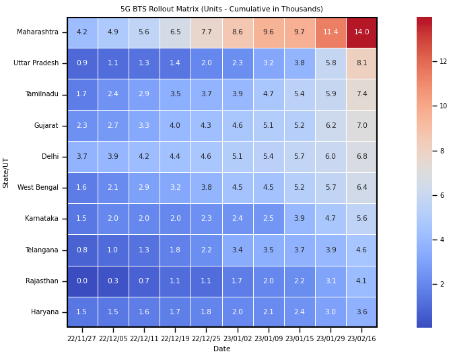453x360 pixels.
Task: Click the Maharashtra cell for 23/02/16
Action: click(361, 32)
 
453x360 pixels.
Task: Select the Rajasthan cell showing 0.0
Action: click(82, 281)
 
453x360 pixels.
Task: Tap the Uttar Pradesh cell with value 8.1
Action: click(361, 63)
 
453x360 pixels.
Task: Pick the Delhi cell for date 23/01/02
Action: click(238, 157)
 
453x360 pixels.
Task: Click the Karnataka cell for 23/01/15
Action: click(300, 219)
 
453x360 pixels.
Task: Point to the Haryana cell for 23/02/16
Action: click(361, 312)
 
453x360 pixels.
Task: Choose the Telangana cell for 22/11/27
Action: click(82, 250)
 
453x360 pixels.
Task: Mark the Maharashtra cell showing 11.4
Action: click(330, 32)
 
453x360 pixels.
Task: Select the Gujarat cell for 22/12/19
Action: click(175, 126)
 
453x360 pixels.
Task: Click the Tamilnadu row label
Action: click(41, 94)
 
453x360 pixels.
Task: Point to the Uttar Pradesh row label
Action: click(36, 63)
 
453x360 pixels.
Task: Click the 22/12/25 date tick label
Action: click(206, 339)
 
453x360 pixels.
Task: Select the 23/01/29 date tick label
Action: click(330, 339)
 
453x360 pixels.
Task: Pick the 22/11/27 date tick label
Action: click(82, 339)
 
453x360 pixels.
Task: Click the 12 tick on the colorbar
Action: click(443, 61)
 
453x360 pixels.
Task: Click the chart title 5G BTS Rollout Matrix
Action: click(221, 9)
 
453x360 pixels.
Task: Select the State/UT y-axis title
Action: click(6, 172)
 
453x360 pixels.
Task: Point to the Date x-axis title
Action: click(221, 349)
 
